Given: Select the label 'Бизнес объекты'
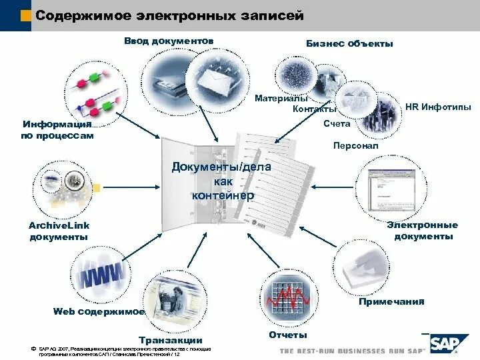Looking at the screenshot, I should pyautogui.click(x=349, y=43).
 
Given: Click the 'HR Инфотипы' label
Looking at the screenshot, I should pyautogui.click(x=438, y=107).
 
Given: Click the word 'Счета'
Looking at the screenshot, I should pyautogui.click(x=337, y=124).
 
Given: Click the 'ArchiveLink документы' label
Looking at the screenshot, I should pyautogui.click(x=59, y=231).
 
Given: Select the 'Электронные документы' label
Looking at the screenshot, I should pyautogui.click(x=423, y=231).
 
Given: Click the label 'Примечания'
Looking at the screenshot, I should pyautogui.click(x=391, y=302).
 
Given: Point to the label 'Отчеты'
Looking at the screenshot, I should pyautogui.click(x=287, y=334).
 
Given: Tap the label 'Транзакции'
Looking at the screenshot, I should pyautogui.click(x=171, y=340).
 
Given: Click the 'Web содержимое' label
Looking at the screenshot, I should pyautogui.click(x=99, y=311).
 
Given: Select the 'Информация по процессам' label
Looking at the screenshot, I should pyautogui.click(x=57, y=130).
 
